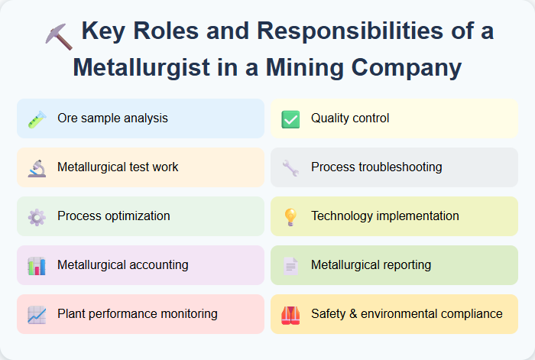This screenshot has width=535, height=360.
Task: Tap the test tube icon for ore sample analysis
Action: [x=37, y=119]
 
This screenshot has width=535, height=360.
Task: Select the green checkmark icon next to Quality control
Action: [x=290, y=119]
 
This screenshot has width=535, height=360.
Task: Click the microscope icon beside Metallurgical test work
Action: [x=37, y=167]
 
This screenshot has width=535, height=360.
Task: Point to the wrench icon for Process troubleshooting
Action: [x=290, y=167]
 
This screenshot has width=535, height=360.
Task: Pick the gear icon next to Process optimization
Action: [x=37, y=216]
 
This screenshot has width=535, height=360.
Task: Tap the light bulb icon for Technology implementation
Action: [x=290, y=216]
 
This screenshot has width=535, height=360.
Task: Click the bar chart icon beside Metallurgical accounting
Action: [x=37, y=265]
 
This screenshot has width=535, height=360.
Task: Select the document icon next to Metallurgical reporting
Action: [x=290, y=265]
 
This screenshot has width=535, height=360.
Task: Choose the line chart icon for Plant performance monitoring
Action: [x=37, y=314]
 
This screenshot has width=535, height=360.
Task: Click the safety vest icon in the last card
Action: [x=290, y=314]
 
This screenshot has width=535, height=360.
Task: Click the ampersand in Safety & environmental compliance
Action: [x=350, y=314]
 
